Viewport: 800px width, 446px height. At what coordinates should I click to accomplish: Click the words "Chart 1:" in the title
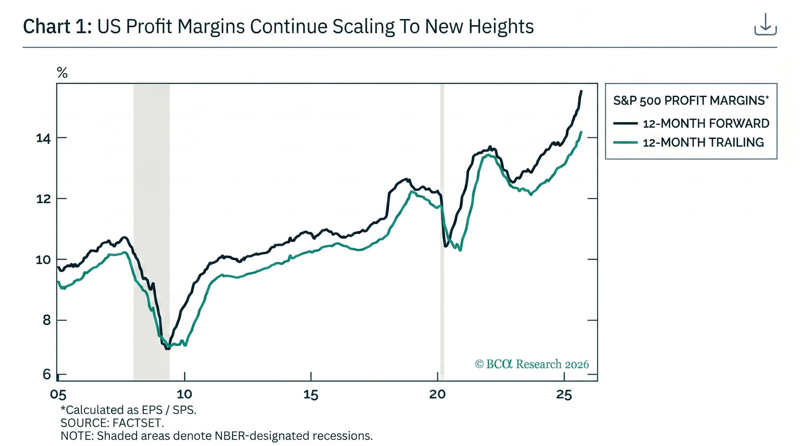[x=58, y=27]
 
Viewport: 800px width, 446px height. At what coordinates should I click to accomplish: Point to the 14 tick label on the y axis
[x=44, y=138]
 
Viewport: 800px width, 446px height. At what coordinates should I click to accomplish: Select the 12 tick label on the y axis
[x=44, y=199]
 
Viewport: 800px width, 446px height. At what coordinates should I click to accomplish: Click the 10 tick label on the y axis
[x=44, y=260]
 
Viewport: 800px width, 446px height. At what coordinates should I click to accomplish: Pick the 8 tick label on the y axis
[x=47, y=320]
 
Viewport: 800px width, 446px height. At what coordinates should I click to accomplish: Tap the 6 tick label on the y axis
[x=47, y=374]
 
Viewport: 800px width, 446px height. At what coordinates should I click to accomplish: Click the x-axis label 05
[x=58, y=395]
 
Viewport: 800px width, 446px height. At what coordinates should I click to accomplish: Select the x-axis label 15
[x=311, y=395]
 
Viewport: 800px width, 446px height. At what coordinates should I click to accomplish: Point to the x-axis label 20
[x=437, y=394]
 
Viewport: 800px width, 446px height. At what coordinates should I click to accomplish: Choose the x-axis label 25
[x=564, y=395]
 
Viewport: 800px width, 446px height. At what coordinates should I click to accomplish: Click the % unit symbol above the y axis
[x=62, y=73]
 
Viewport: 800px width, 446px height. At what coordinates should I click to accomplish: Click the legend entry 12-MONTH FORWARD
[x=706, y=123]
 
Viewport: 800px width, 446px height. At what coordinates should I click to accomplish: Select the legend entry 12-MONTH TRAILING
[x=703, y=142]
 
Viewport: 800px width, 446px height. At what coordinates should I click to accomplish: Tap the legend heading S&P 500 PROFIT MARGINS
[x=691, y=100]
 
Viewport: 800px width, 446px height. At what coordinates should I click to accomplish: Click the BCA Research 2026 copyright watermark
[x=532, y=364]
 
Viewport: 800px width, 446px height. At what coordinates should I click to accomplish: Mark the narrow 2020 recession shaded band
[x=442, y=232]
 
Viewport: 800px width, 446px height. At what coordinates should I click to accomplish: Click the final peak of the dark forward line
[x=581, y=92]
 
